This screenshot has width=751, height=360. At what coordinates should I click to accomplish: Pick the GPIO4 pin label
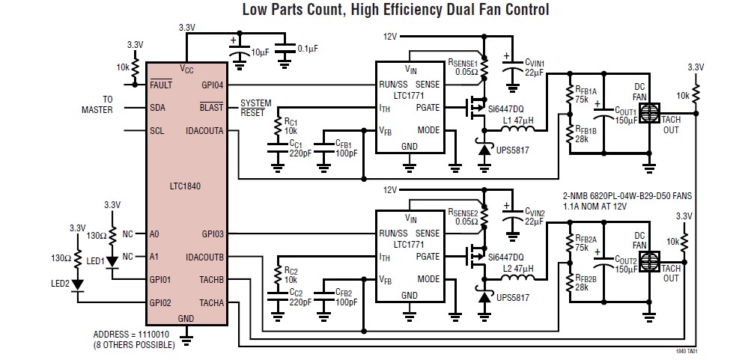pos(213,85)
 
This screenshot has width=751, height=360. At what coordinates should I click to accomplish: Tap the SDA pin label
pos(157,108)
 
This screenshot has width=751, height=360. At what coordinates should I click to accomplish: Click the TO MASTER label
pos(97,105)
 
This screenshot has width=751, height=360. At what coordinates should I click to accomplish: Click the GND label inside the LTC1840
pos(186,317)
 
